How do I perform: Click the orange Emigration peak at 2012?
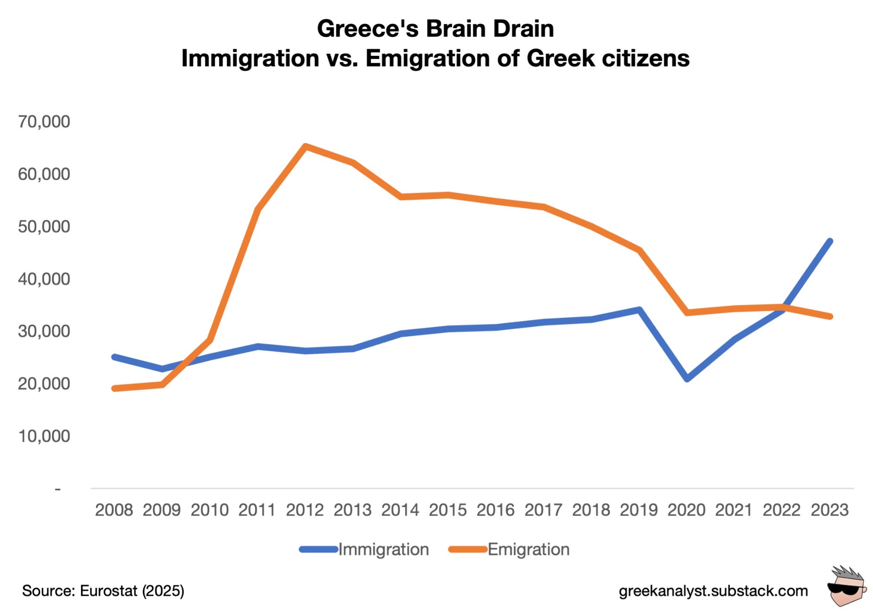coord(305,147)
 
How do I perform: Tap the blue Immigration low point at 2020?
coord(687,378)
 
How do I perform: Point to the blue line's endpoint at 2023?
coord(830,242)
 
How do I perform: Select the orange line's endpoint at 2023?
coord(830,317)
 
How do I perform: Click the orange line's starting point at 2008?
coord(114,389)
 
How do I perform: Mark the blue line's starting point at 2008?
coord(114,357)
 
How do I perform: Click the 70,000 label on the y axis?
coord(44,122)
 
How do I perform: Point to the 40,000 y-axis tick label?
coord(44,279)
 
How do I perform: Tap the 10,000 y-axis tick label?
coord(44,436)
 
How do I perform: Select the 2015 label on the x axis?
coord(448,510)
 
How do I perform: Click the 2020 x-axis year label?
coord(686,510)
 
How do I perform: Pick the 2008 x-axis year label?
coord(114,510)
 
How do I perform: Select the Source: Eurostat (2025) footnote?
coord(103,591)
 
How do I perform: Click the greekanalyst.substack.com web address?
coord(713,591)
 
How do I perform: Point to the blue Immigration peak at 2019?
coord(639,310)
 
